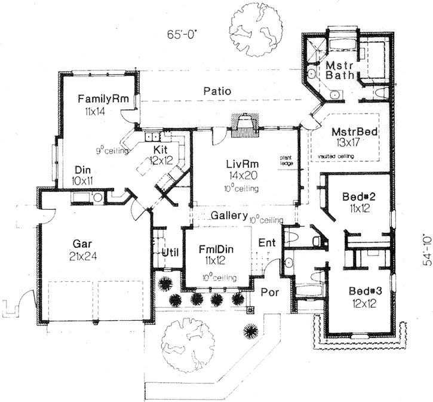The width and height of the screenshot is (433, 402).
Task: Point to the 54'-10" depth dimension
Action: click(425, 249)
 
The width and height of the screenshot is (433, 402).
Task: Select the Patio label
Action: click(217, 91)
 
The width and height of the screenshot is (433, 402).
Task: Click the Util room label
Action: click(170, 252)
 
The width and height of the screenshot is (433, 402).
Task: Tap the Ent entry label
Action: click(266, 243)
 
